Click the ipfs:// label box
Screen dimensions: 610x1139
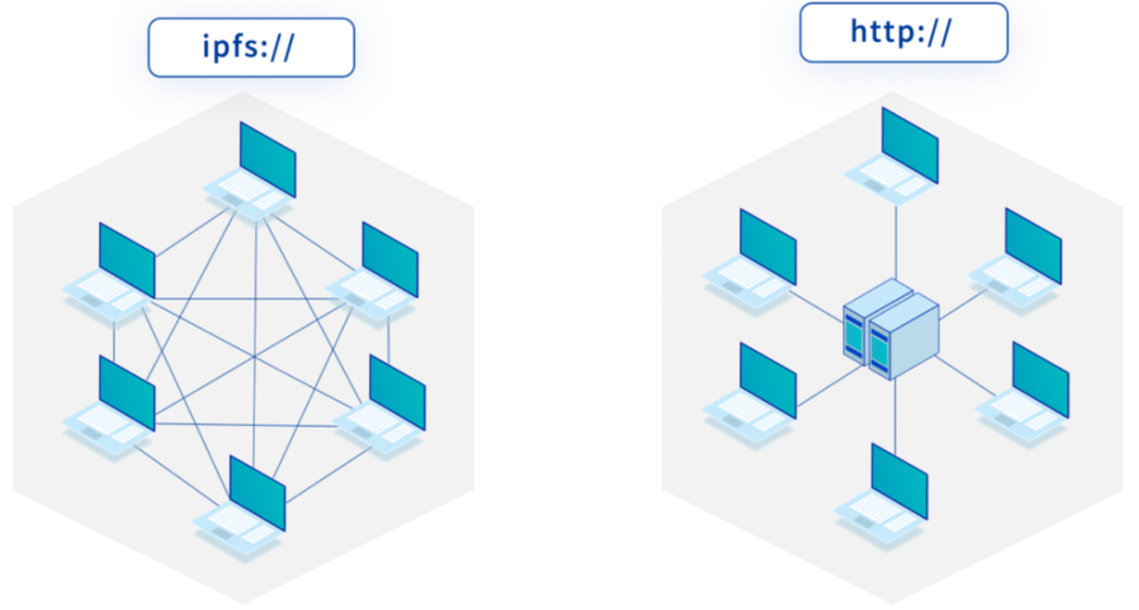point(251,47)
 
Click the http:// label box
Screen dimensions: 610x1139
point(903,32)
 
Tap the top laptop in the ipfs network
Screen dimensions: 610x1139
point(254,175)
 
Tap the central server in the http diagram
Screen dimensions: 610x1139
point(890,329)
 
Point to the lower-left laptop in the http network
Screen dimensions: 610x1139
point(753,394)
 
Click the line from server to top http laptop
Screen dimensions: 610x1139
point(896,241)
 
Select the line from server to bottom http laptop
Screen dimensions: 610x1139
point(895,412)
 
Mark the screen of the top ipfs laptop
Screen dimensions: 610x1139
point(268,160)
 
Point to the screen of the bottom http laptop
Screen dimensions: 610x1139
point(899,480)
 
